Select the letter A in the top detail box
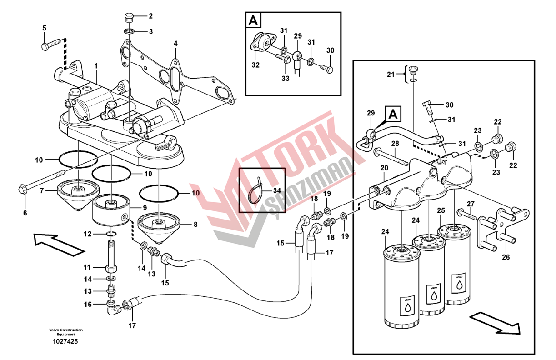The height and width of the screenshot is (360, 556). click(253, 20)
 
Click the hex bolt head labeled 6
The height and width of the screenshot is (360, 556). click(22, 189)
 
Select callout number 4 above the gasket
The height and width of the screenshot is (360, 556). click(175, 44)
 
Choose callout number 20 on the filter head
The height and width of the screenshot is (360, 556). click(384, 168)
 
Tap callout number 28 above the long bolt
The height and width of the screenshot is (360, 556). click(395, 144)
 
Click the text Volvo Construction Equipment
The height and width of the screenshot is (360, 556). click(66, 332)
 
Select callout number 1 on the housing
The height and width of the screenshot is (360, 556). click(96, 66)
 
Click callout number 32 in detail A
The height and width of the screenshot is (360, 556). click(255, 65)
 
